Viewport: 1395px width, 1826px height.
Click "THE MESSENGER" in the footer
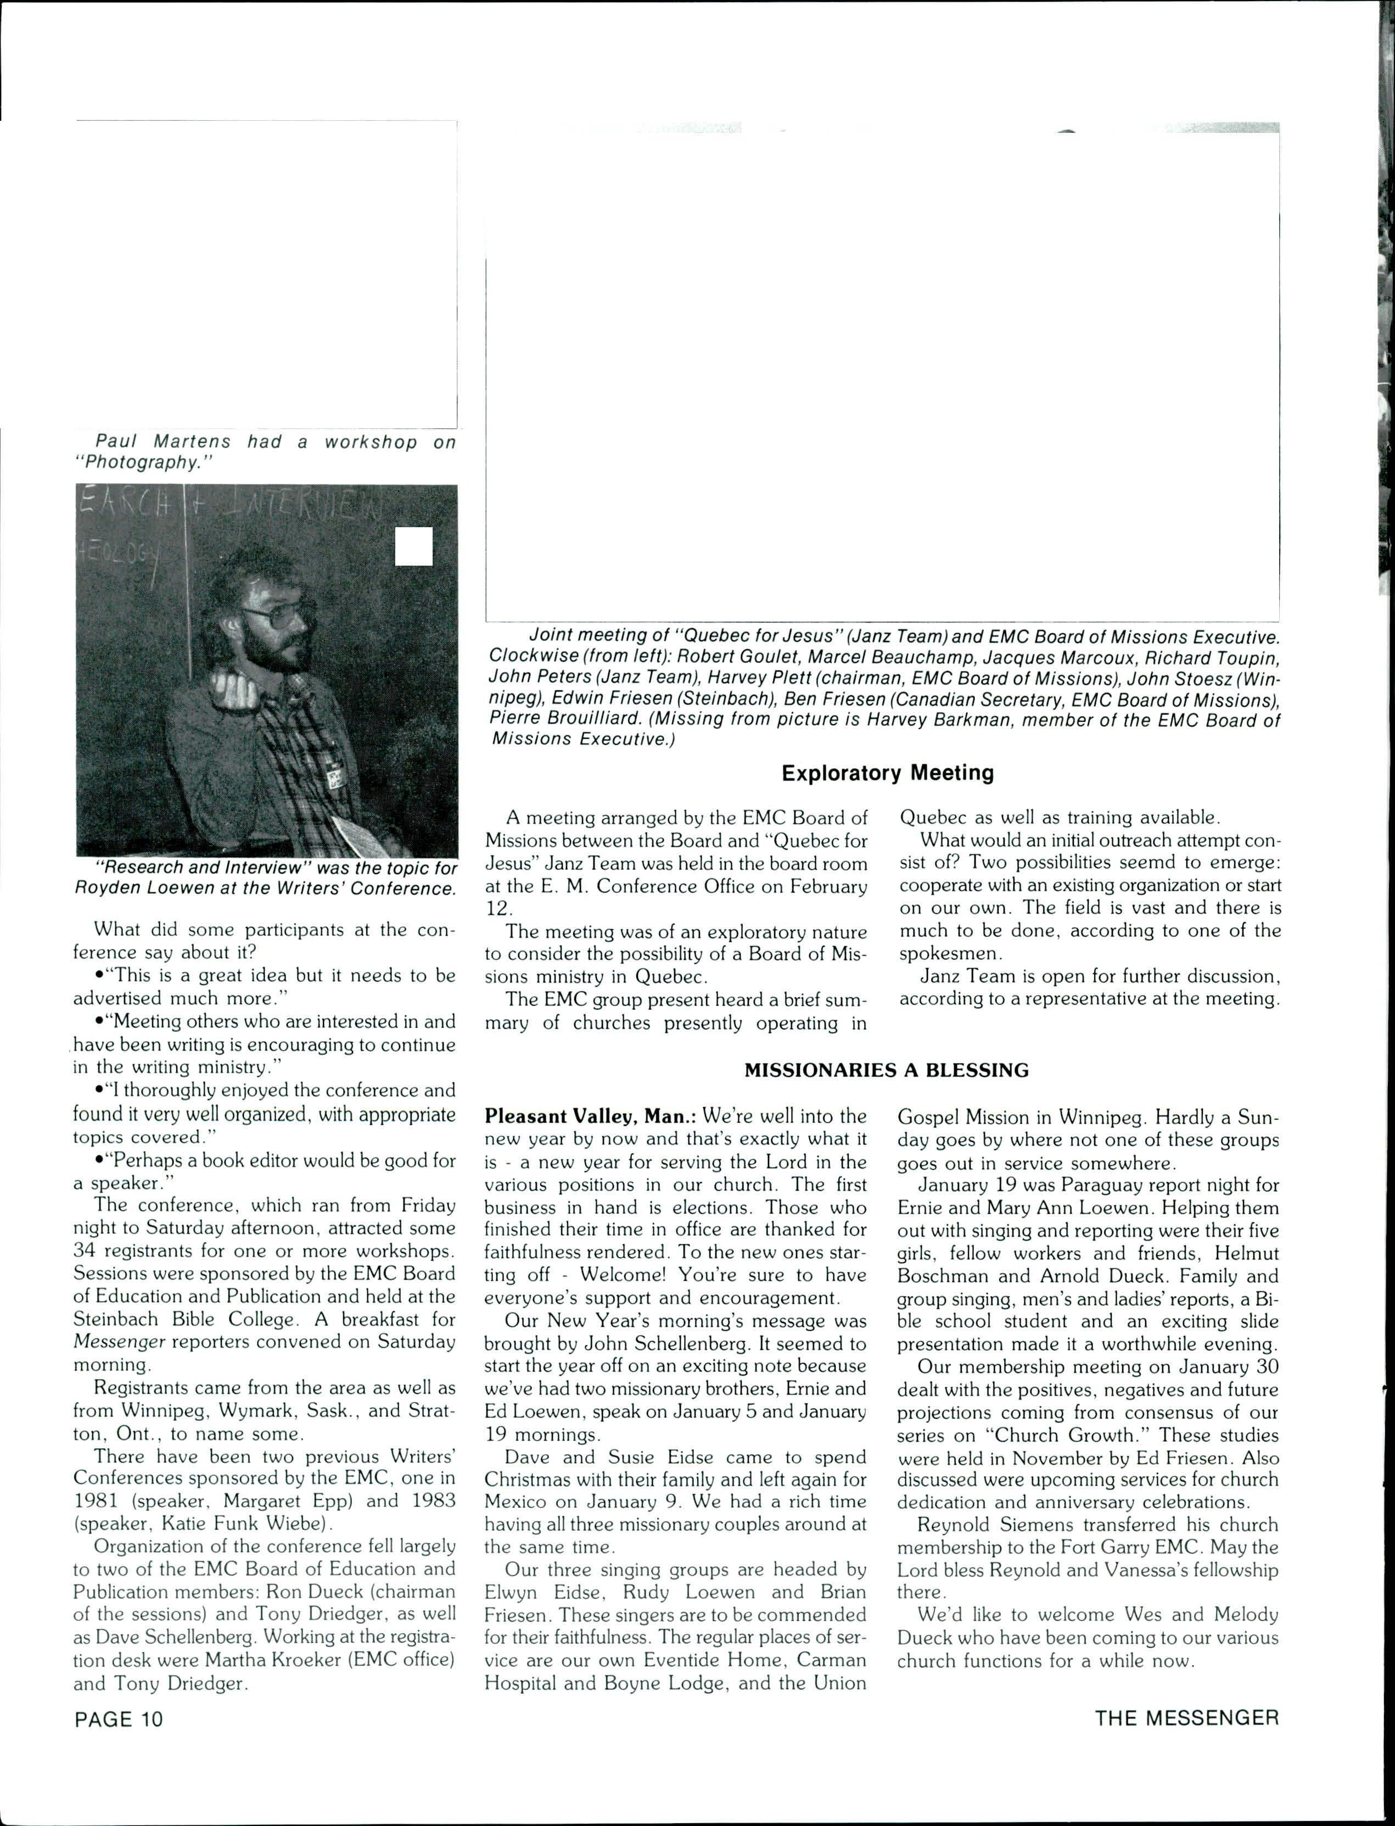(1186, 1717)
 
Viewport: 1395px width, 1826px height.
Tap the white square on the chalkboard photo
(413, 546)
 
